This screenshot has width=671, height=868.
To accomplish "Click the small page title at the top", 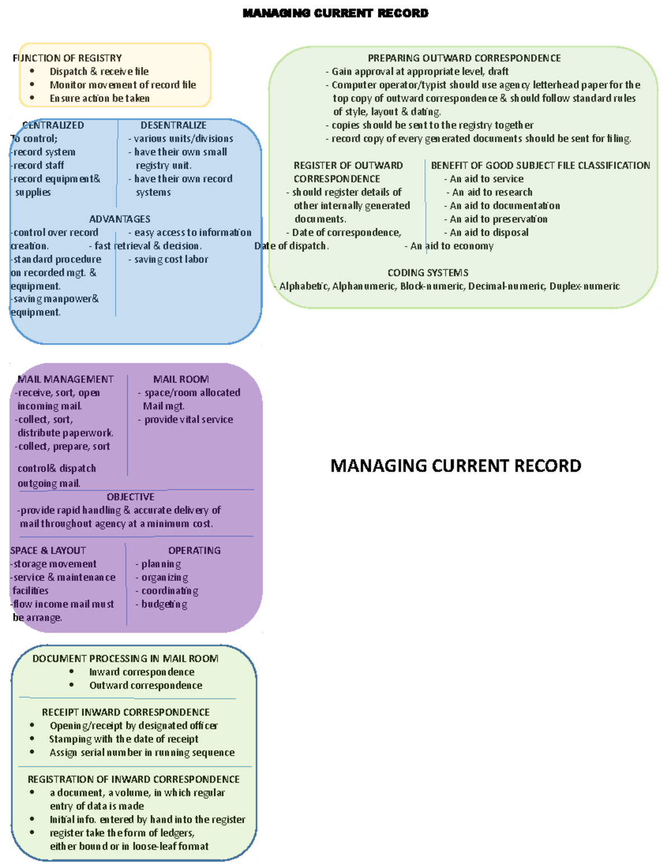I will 335,13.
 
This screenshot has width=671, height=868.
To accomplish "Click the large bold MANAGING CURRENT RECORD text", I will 456,466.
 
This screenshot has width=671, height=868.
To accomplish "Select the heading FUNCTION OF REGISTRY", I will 67,58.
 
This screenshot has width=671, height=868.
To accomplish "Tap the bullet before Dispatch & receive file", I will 32,71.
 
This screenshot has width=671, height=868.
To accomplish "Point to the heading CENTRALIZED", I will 53,125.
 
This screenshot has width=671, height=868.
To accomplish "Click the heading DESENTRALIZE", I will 173,125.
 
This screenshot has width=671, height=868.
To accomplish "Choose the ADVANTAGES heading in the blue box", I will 120,219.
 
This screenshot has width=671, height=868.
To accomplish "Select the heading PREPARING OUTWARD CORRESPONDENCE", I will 464,58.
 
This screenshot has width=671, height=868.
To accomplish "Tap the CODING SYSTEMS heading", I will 428,273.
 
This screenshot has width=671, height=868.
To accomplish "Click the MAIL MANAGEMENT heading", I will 65,379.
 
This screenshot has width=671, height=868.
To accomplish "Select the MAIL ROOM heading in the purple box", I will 181,379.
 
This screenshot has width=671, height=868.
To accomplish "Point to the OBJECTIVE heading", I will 130,497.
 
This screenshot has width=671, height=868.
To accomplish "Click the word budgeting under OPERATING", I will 164,604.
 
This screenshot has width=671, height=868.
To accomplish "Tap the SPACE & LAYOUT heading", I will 48,551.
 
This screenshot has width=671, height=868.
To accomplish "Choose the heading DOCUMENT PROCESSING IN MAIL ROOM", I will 125,658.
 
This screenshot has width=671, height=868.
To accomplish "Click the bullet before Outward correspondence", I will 72,685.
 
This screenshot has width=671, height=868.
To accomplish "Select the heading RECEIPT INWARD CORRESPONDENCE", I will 126,712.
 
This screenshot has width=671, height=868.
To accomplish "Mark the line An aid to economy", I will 452,246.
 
